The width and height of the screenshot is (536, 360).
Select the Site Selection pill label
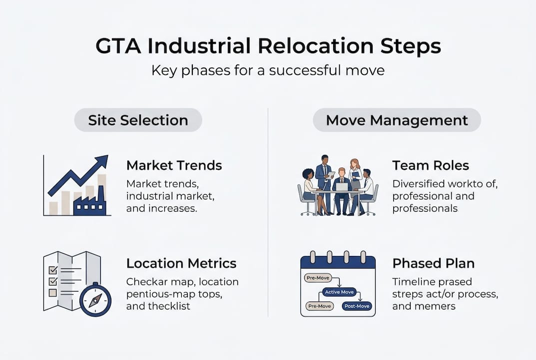pos(138,120)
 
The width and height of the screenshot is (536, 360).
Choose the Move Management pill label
pos(397,120)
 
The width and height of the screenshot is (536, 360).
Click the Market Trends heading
pos(174,165)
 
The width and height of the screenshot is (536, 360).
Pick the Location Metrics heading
pos(181,263)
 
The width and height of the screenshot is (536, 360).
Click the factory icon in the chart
pos(89,202)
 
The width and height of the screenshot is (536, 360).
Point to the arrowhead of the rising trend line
pos(103,161)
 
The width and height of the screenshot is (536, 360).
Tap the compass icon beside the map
pos(95,300)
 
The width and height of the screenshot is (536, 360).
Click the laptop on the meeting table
pos(342,187)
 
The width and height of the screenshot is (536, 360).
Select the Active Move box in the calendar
pos(339,291)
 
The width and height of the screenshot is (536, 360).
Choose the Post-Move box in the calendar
pos(357,306)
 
